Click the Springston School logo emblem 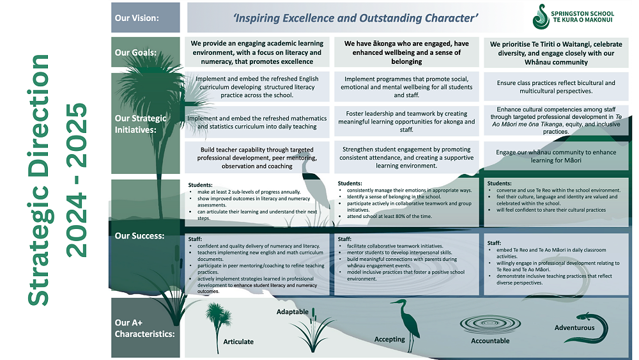point(541,17)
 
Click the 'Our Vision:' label point(137,18)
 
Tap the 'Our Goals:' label point(135,53)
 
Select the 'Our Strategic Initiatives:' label point(141,123)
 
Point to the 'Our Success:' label point(139,236)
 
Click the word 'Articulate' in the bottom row point(238,341)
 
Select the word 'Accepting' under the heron point(390,340)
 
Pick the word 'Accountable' point(490,341)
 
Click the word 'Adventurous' point(574,328)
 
